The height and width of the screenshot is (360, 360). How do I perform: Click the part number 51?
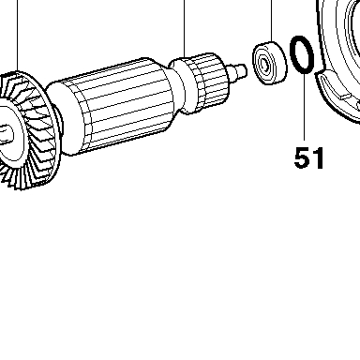pyautogui.click(x=308, y=157)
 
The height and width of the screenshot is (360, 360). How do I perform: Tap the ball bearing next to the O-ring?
pyautogui.click(x=269, y=63)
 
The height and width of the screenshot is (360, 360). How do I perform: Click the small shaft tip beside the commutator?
pyautogui.click(x=238, y=71)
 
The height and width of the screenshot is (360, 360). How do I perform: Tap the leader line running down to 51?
pyautogui.click(x=304, y=107)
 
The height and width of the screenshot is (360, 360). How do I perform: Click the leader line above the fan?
pyautogui.click(x=18, y=36)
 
